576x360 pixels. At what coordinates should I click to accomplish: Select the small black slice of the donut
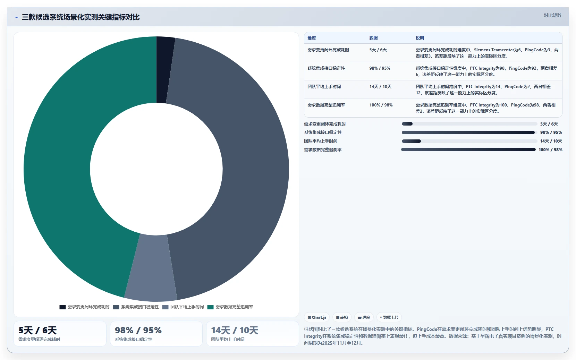click(x=164, y=69)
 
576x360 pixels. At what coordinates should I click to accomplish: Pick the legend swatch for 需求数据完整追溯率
click(x=210, y=307)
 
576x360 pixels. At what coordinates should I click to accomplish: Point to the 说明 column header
click(x=420, y=38)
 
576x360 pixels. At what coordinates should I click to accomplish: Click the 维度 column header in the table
click(x=311, y=38)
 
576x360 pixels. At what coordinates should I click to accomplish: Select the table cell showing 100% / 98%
click(x=381, y=105)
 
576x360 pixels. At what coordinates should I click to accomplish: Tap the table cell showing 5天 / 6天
click(x=378, y=50)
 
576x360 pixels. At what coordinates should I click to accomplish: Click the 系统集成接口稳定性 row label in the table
click(x=326, y=68)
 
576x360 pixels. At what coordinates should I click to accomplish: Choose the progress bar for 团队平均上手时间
click(x=469, y=141)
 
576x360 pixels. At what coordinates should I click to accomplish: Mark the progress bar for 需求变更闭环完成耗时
click(x=469, y=124)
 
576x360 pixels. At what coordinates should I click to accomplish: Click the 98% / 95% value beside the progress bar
click(x=551, y=132)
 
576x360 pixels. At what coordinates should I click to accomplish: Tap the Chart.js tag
click(x=317, y=317)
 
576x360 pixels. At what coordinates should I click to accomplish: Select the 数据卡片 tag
click(x=389, y=317)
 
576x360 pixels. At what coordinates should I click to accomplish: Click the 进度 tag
click(x=364, y=317)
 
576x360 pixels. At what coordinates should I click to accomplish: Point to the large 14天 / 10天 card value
click(x=234, y=330)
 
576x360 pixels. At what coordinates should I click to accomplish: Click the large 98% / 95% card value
click(x=138, y=330)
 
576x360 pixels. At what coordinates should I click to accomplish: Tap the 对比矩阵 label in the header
click(x=553, y=15)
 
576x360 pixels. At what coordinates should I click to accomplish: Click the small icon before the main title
click(x=16, y=17)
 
